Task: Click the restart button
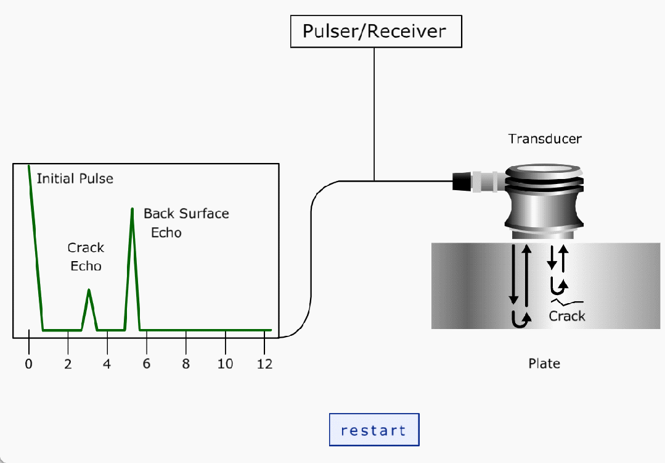[374, 430]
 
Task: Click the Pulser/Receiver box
[375, 31]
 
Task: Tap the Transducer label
[544, 139]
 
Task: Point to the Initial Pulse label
[75, 179]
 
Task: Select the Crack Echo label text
[86, 257]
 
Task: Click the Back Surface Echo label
[186, 223]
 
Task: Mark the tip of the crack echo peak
[89, 290]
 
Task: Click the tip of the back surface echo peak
[132, 209]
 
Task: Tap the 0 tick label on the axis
[28, 364]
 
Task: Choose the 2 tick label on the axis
[68, 364]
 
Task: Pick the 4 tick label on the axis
[107, 364]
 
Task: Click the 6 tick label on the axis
[147, 364]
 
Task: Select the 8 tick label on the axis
[186, 364]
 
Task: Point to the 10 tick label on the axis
[225, 364]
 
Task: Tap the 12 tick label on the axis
[264, 364]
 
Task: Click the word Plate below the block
[544, 364]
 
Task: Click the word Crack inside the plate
[566, 316]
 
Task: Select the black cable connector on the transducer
[462, 181]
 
